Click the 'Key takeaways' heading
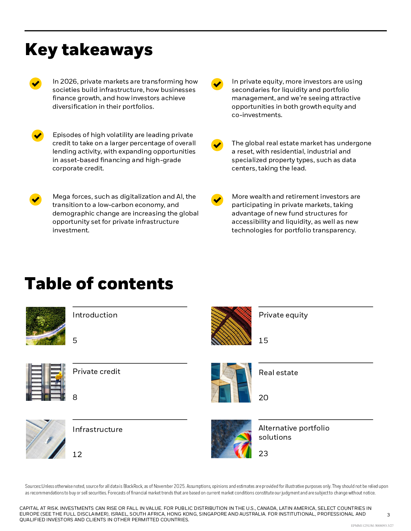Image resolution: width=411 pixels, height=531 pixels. click(89, 50)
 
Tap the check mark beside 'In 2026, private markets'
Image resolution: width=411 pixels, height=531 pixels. click(36, 84)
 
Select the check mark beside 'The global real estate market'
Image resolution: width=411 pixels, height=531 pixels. click(217, 145)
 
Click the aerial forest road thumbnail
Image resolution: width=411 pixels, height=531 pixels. click(46, 326)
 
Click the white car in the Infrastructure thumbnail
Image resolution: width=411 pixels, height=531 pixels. click(47, 440)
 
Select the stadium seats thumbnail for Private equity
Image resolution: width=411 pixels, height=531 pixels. click(231, 326)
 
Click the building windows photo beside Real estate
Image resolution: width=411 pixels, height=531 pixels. click(231, 383)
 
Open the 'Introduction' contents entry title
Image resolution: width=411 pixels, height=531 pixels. click(95, 315)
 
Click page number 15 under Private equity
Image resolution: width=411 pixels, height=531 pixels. click(263, 341)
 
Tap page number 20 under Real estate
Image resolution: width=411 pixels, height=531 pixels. click(263, 398)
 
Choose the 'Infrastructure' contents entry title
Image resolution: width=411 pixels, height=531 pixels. click(98, 429)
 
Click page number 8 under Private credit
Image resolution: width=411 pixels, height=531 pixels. click(75, 397)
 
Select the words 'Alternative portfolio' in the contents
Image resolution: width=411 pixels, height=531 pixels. click(294, 428)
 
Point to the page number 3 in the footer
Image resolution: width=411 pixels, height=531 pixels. click(388, 515)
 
